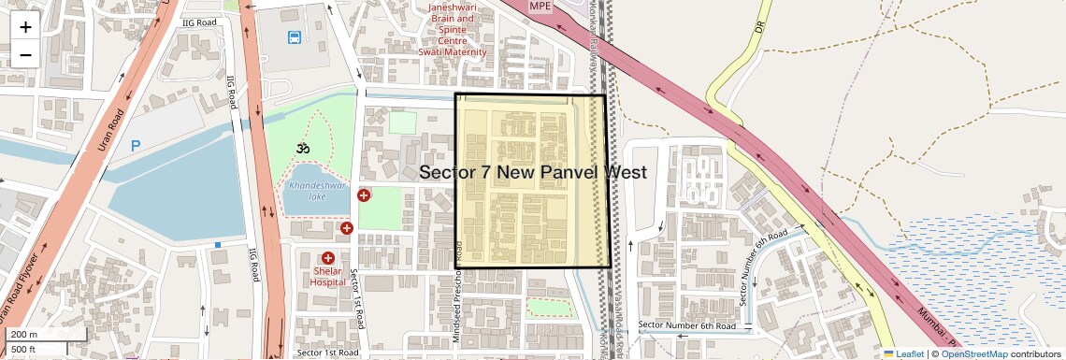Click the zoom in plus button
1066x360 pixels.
pyautogui.click(x=25, y=26)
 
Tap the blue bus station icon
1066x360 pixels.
pyautogui.click(x=295, y=38)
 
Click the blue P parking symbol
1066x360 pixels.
pyautogui.click(x=136, y=146)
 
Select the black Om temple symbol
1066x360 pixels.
pyautogui.click(x=302, y=148)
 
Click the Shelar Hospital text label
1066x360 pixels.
pyautogui.click(x=327, y=275)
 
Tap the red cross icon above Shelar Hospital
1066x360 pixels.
pyautogui.click(x=328, y=258)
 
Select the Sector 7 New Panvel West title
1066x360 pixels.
pyautogui.click(x=533, y=172)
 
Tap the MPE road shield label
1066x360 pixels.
pyautogui.click(x=540, y=7)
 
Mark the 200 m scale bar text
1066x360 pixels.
pyautogui.click(x=24, y=334)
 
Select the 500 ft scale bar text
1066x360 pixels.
pyautogui.click(x=24, y=349)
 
